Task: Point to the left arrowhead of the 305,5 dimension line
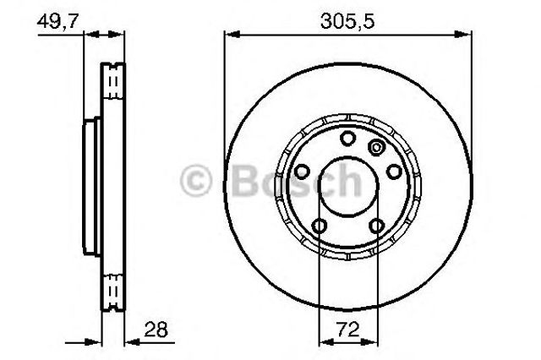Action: pyautogui.click(x=228, y=34)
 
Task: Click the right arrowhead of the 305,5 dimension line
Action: pyautogui.click(x=466, y=34)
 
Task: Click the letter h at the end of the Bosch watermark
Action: pyautogui.click(x=364, y=179)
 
